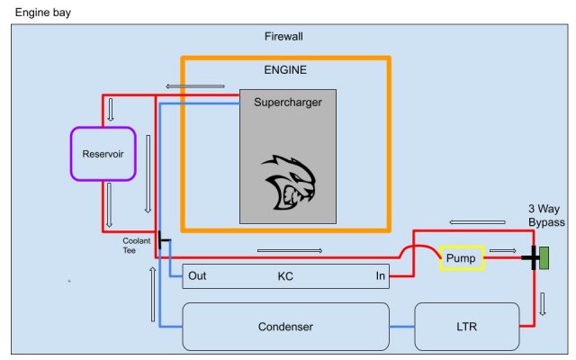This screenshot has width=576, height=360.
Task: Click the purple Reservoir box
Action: [x=103, y=153]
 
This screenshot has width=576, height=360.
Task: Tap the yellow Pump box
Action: [x=462, y=257]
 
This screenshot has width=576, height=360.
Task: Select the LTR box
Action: [x=466, y=327]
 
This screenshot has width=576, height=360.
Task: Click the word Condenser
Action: [x=285, y=327]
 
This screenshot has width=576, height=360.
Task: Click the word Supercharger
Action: [x=287, y=102]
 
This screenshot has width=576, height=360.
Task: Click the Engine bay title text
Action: [x=43, y=13]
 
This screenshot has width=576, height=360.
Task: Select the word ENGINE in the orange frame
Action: [x=286, y=69]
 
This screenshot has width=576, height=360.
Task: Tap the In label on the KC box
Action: [x=382, y=276]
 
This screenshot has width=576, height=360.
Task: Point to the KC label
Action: [x=285, y=276]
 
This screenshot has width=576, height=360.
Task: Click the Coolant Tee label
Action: [x=136, y=245]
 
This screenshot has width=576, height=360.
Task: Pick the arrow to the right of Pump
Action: [x=502, y=251]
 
